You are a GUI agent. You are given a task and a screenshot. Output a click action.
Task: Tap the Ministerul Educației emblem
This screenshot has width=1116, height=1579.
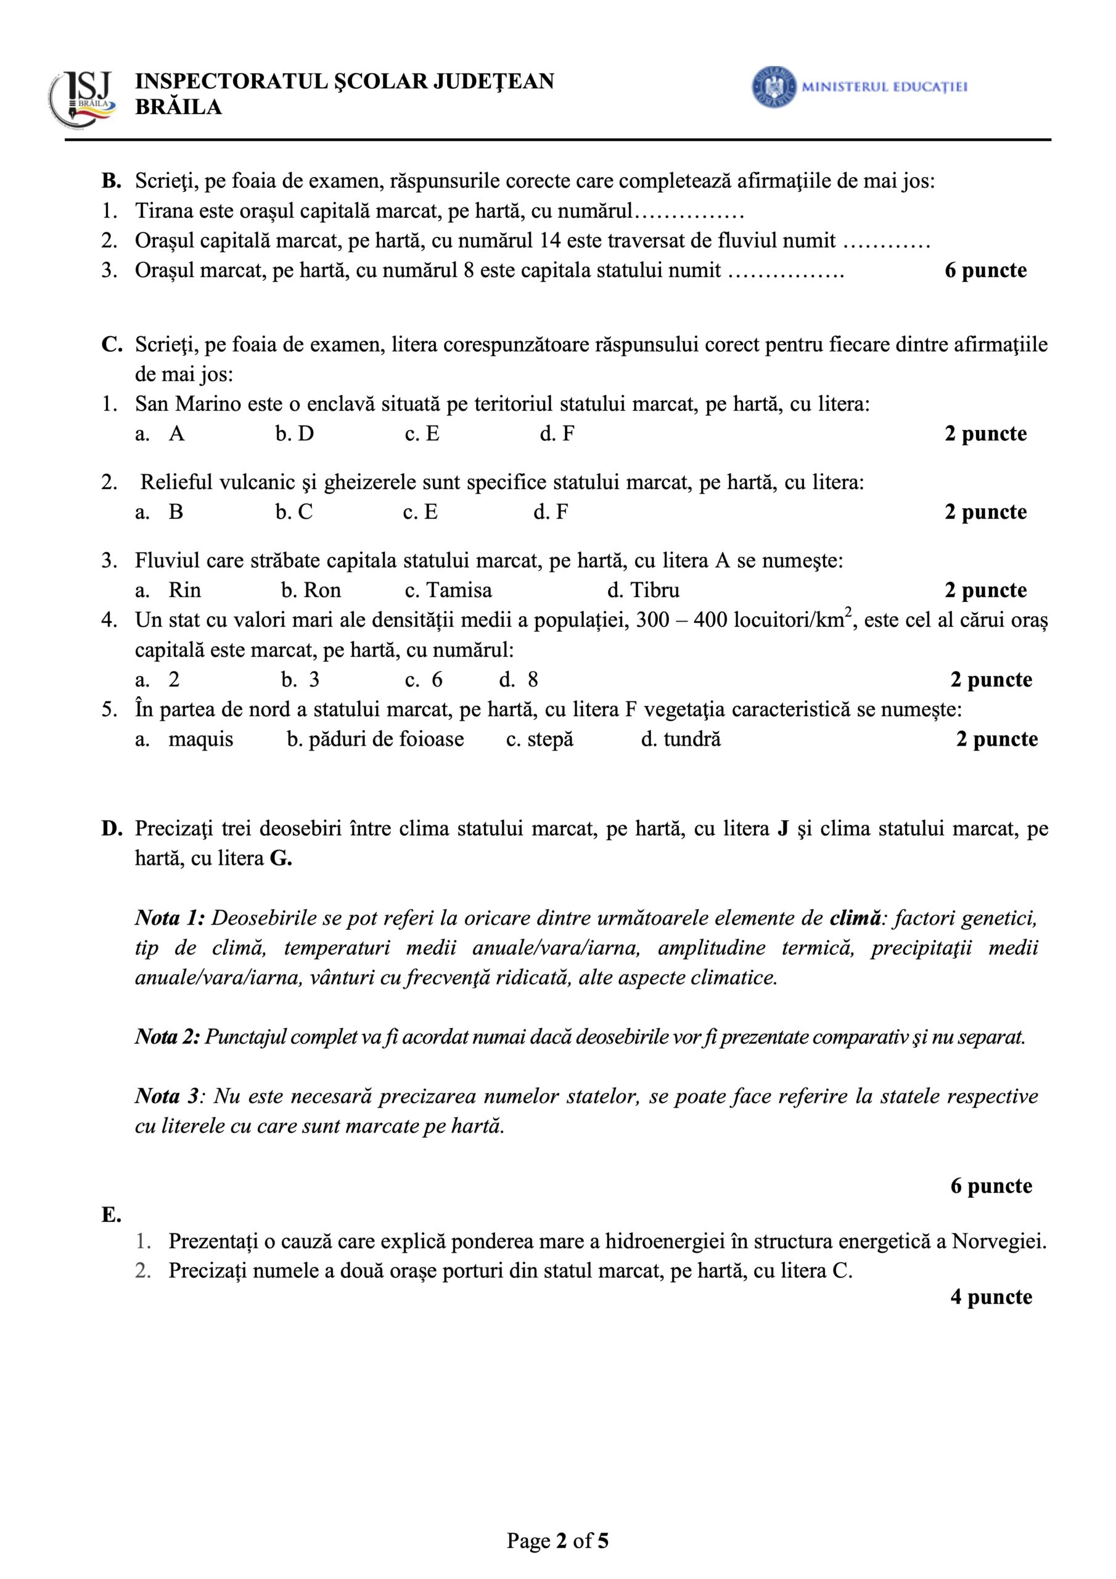point(774,86)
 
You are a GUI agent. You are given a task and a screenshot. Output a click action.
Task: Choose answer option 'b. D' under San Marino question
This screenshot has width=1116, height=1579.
point(295,434)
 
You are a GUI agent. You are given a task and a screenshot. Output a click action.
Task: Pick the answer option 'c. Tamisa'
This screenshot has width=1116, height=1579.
point(448,590)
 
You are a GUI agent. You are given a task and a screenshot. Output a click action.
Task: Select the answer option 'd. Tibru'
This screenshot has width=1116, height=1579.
point(643,590)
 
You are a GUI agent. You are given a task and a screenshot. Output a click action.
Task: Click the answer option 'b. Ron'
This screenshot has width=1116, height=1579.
point(311,590)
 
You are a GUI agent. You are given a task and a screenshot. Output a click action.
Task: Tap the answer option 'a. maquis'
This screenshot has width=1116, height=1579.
point(184,740)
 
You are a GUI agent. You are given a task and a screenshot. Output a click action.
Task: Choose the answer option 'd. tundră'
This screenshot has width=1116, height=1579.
point(681,740)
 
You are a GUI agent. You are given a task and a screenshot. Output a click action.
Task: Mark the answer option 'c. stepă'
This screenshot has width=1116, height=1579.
point(540,740)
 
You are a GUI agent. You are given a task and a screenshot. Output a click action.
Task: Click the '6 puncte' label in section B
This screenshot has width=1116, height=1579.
point(985,270)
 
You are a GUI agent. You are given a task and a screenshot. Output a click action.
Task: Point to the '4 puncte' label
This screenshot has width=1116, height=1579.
point(991,1297)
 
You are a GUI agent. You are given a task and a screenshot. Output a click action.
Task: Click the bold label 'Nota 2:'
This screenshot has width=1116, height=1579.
point(167,1037)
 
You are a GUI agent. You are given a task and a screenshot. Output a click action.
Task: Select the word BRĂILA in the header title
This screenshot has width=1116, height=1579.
point(179,107)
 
